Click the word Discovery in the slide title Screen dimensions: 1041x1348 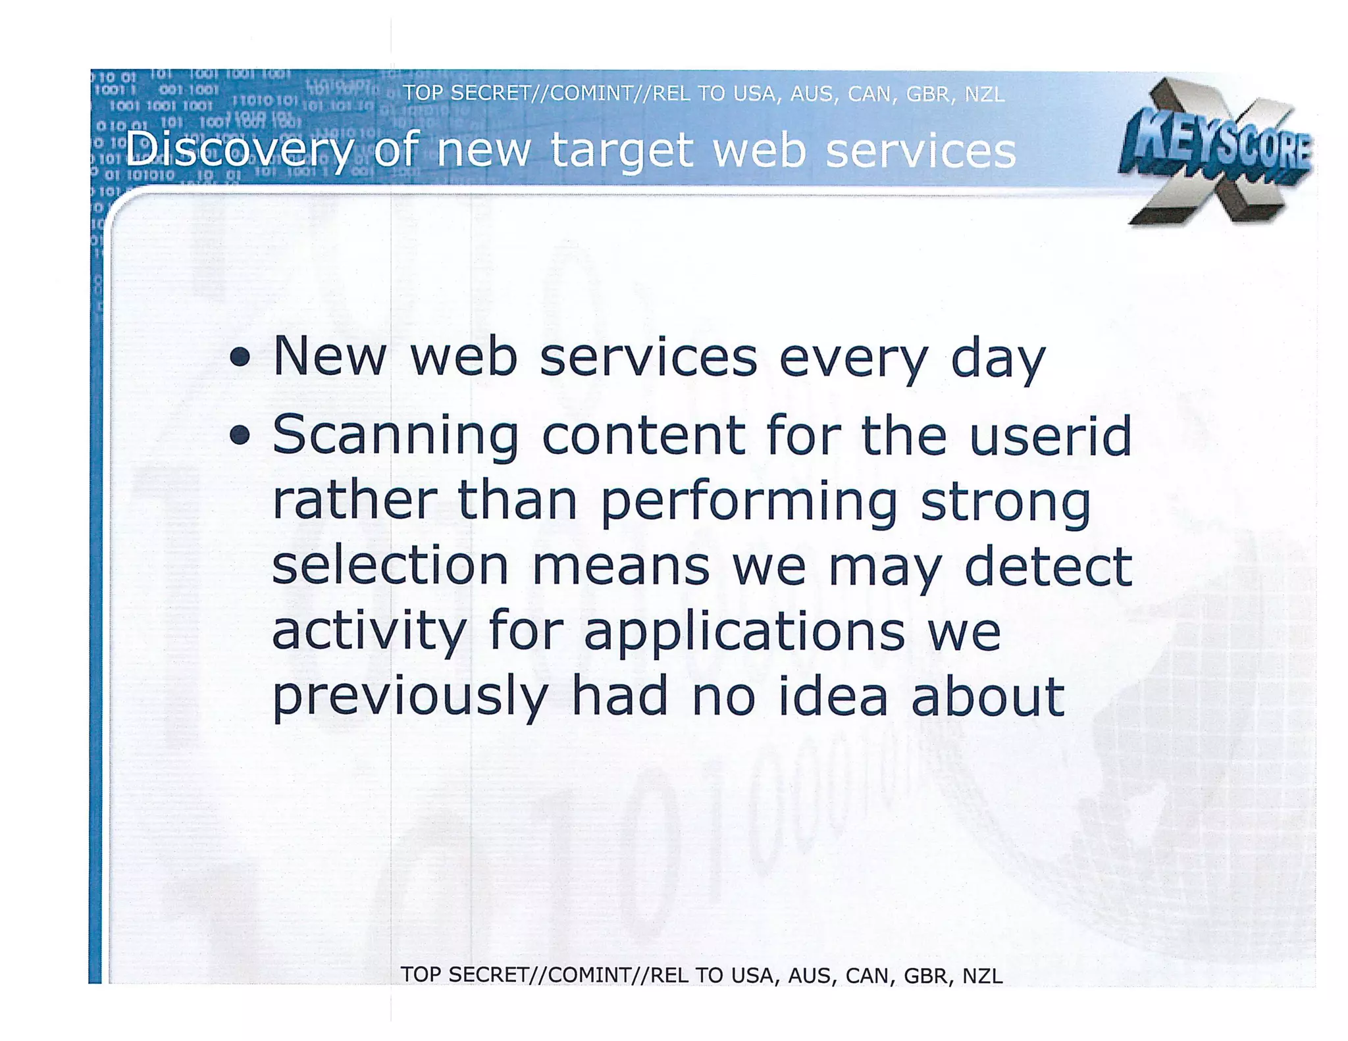pyautogui.click(x=239, y=150)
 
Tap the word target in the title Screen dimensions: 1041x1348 pyautogui.click(x=621, y=150)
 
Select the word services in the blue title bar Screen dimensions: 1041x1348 pyautogui.click(x=920, y=150)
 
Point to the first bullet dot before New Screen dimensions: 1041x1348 pyautogui.click(x=240, y=357)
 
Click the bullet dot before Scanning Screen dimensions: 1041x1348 pyautogui.click(x=240, y=435)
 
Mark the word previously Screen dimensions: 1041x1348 pyautogui.click(x=409, y=698)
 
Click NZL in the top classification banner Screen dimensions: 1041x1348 pyautogui.click(x=984, y=95)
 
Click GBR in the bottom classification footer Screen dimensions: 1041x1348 pyautogui.click(x=925, y=975)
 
